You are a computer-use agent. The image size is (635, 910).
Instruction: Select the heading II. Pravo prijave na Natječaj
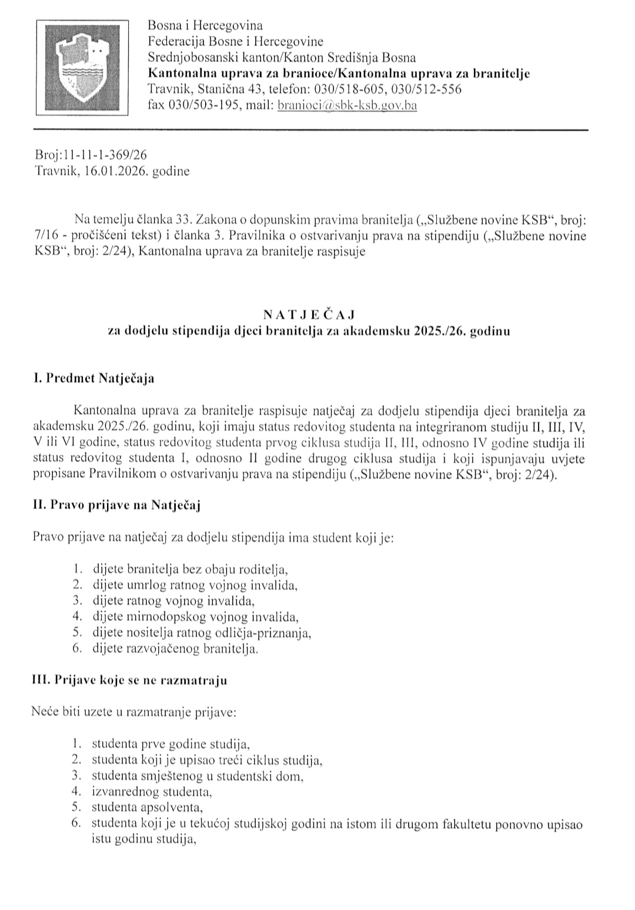pos(117,505)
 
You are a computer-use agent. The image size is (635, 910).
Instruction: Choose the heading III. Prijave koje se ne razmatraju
pos(129,680)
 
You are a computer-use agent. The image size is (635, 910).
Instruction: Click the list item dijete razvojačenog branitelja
pos(175,649)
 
